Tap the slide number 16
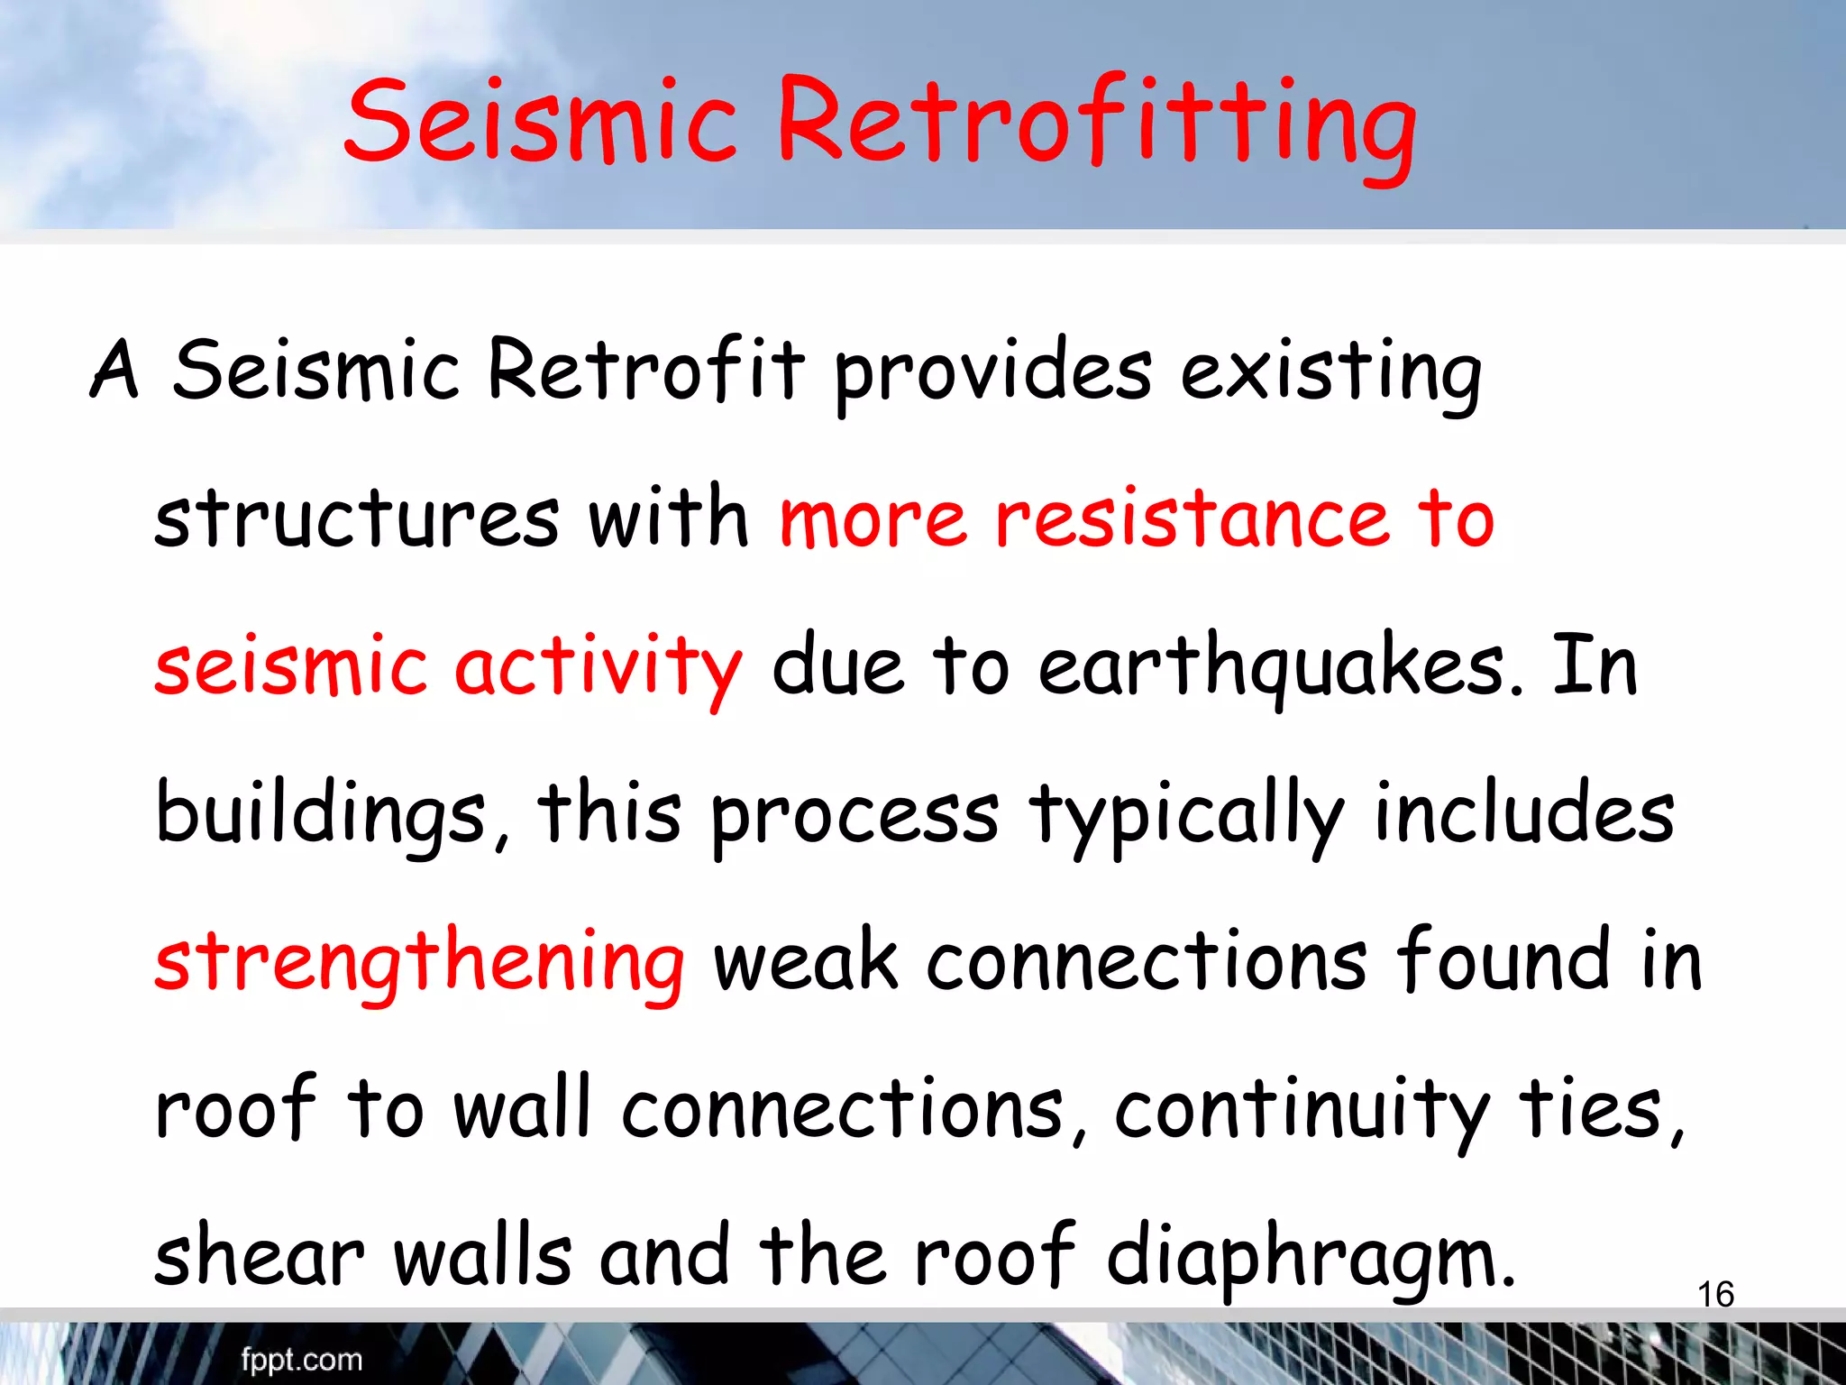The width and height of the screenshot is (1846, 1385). [1715, 1295]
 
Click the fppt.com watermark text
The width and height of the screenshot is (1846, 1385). [301, 1359]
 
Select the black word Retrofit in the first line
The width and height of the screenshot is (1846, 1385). [645, 370]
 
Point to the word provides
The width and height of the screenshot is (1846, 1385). [992, 374]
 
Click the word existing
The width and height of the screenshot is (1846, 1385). [1330, 374]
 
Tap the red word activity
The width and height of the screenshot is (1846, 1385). [599, 667]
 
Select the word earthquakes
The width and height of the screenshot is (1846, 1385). [1280, 667]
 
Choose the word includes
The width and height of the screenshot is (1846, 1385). [1523, 814]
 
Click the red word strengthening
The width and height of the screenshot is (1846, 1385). [420, 963]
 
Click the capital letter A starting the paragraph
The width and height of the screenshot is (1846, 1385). [115, 370]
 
